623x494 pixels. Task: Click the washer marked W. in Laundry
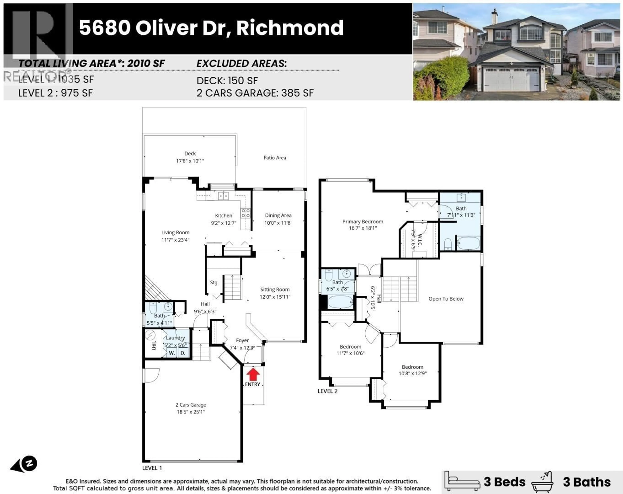172,353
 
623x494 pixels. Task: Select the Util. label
154,345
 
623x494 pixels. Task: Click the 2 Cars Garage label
191,405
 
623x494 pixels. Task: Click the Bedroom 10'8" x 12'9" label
412,367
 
